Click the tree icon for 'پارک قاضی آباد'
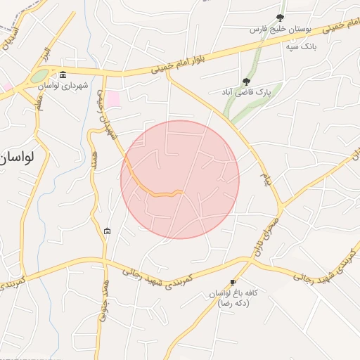(x=245, y=82)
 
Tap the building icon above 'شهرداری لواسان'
(x=63, y=75)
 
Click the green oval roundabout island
(x=39, y=75)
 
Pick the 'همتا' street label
(x=94, y=150)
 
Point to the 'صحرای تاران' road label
(x=262, y=238)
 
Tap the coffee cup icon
(x=233, y=281)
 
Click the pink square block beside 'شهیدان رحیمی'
(x=112, y=99)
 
